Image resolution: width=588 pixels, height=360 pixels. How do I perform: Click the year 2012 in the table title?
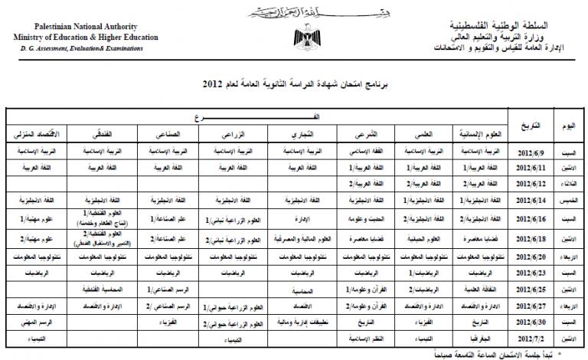[214, 82]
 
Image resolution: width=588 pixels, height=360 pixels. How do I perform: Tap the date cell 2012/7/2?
[533, 336]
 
